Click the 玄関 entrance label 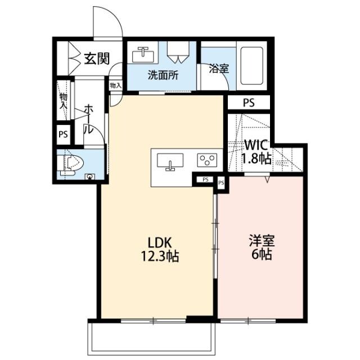point(97,58)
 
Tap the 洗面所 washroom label point(163,75)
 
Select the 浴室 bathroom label point(219,69)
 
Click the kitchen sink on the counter point(169,161)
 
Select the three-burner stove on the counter point(208,160)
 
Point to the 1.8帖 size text point(256,159)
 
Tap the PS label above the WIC point(248,103)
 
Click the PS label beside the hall point(63,135)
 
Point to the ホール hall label point(88,119)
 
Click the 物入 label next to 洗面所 point(116,86)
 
